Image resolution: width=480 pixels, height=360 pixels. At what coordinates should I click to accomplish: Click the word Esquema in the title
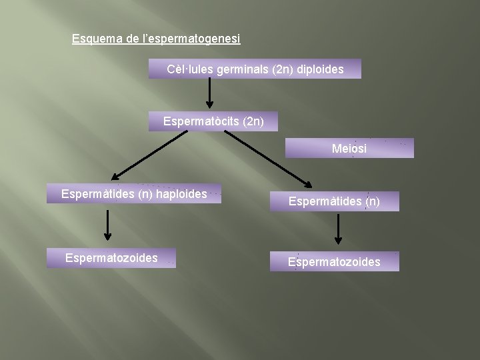(x=97, y=39)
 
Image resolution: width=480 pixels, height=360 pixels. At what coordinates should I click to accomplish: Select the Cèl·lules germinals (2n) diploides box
(x=255, y=69)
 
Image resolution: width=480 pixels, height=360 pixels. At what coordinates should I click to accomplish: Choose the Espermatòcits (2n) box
(x=213, y=121)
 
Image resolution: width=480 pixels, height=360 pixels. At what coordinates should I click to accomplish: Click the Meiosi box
(x=349, y=148)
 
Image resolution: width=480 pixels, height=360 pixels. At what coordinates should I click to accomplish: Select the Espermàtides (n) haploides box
(x=134, y=194)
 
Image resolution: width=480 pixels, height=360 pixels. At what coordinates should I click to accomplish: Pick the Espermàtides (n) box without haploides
(x=334, y=201)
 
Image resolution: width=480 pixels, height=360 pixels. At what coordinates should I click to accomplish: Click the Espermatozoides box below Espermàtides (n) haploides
(x=111, y=258)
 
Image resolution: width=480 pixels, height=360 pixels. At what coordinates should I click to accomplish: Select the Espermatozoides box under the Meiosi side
(x=334, y=261)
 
